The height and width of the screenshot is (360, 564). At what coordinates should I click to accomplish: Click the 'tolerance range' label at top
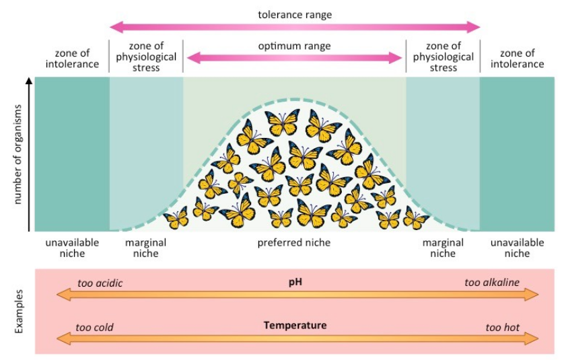294,14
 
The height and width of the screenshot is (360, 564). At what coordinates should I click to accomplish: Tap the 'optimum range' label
294,46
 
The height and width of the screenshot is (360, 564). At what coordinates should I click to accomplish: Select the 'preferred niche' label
294,242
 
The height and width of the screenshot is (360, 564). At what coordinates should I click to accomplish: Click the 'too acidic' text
100,283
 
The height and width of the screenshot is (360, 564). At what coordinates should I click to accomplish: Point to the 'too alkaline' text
491,283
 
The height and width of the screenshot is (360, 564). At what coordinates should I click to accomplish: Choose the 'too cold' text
94,328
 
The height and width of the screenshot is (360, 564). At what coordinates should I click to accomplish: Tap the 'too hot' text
502,328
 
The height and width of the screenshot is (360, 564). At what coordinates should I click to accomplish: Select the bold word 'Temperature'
295,325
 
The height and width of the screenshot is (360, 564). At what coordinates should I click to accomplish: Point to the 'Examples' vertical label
19,312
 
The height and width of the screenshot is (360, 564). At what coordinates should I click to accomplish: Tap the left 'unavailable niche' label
72,248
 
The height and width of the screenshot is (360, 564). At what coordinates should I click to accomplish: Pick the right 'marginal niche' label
442,248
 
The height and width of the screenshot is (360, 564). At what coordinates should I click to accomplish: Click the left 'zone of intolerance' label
72,59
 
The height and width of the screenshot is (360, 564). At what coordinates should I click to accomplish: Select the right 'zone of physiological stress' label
443,57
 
